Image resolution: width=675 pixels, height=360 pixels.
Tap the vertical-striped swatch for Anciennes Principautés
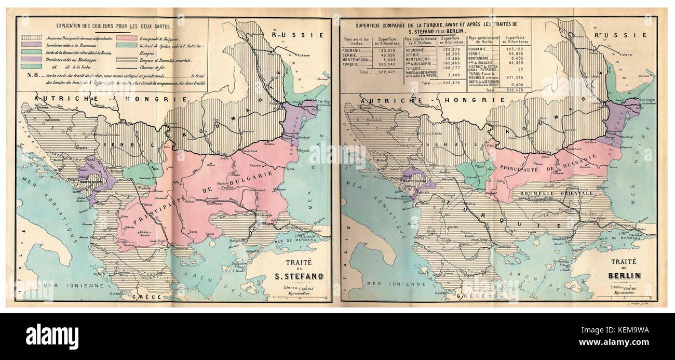31,38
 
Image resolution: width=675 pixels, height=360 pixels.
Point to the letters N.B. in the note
31,75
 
